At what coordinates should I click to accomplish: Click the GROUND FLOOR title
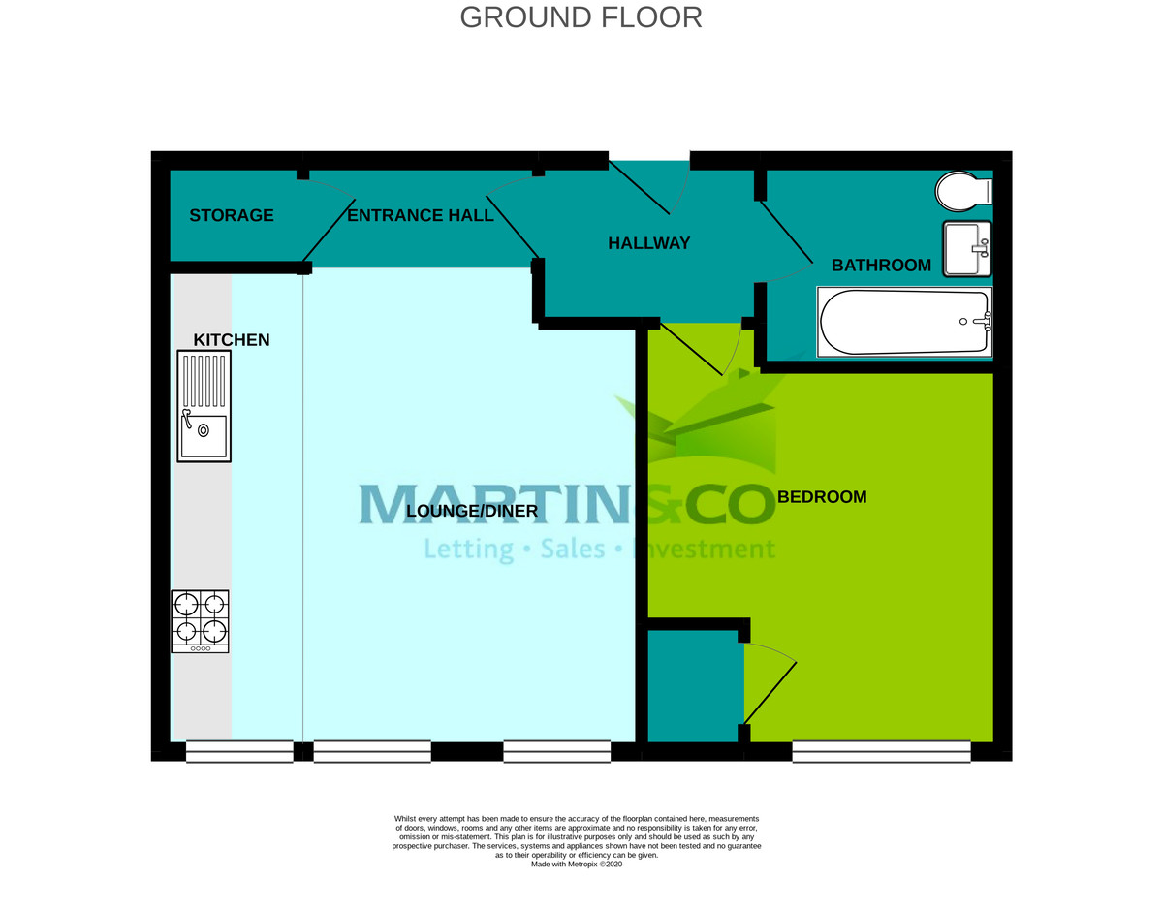click(x=581, y=17)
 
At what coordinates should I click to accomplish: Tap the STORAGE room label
click(x=231, y=215)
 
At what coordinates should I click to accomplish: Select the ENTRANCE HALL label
click(x=420, y=215)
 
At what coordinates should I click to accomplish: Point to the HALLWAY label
click(x=648, y=243)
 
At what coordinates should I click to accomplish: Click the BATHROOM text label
click(x=881, y=266)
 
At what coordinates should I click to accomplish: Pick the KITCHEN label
click(x=232, y=340)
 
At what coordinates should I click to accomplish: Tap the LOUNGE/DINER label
click(x=471, y=511)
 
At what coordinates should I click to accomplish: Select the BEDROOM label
click(x=822, y=497)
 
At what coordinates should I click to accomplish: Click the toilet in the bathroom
click(x=962, y=191)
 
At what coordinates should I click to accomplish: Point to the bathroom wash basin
click(x=965, y=248)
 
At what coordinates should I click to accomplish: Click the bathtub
click(x=904, y=322)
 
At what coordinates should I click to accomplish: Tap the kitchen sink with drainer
click(x=204, y=405)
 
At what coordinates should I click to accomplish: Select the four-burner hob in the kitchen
click(x=201, y=621)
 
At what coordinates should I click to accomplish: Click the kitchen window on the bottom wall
click(x=239, y=751)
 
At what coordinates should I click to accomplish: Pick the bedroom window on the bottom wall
click(x=881, y=751)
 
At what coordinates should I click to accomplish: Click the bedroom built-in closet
click(x=693, y=686)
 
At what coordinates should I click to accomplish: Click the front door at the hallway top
click(x=647, y=184)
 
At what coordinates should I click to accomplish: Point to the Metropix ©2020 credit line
click(x=576, y=865)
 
